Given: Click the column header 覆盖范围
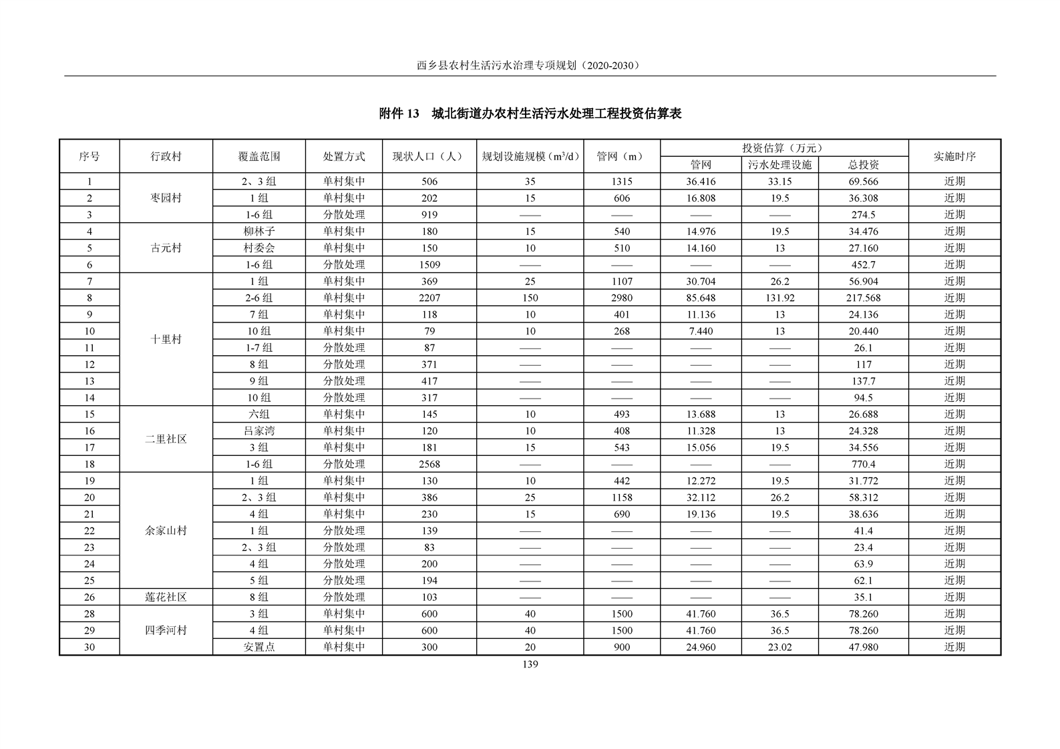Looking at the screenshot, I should tap(259, 156).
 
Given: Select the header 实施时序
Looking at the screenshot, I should tap(954, 156).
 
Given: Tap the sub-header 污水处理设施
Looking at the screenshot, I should tap(779, 165).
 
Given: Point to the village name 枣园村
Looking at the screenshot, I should tap(166, 198).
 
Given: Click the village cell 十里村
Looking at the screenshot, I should tap(166, 339).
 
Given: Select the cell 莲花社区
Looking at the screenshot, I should tap(166, 597).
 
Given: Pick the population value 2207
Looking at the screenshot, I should tap(429, 298).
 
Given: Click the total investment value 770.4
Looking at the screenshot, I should tap(863, 464).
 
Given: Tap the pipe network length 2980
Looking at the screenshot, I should tap(621, 298).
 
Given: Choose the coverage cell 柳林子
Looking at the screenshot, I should tap(259, 231).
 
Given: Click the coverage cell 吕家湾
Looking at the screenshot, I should tap(259, 431).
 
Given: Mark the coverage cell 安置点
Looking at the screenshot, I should tap(259, 647).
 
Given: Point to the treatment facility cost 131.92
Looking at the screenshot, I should tap(779, 298).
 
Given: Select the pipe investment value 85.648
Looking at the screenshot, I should tap(701, 298).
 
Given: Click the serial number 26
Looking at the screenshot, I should tap(90, 597).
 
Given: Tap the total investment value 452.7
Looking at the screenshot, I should tap(863, 264).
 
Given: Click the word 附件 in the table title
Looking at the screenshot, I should tap(391, 114).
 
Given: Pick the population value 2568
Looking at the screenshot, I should tap(429, 464).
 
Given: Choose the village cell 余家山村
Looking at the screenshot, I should tap(166, 531).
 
